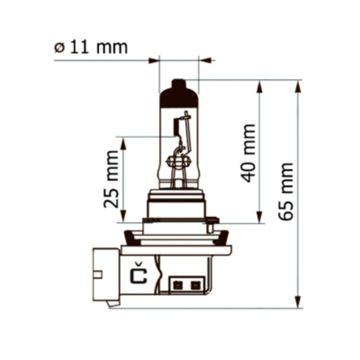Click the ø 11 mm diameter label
91,47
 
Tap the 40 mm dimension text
248,153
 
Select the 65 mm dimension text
285,191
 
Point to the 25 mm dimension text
111,179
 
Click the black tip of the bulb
179,93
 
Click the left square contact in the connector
178,285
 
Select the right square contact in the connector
195,285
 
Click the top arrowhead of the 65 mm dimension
298,87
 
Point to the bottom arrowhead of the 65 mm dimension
298,302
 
